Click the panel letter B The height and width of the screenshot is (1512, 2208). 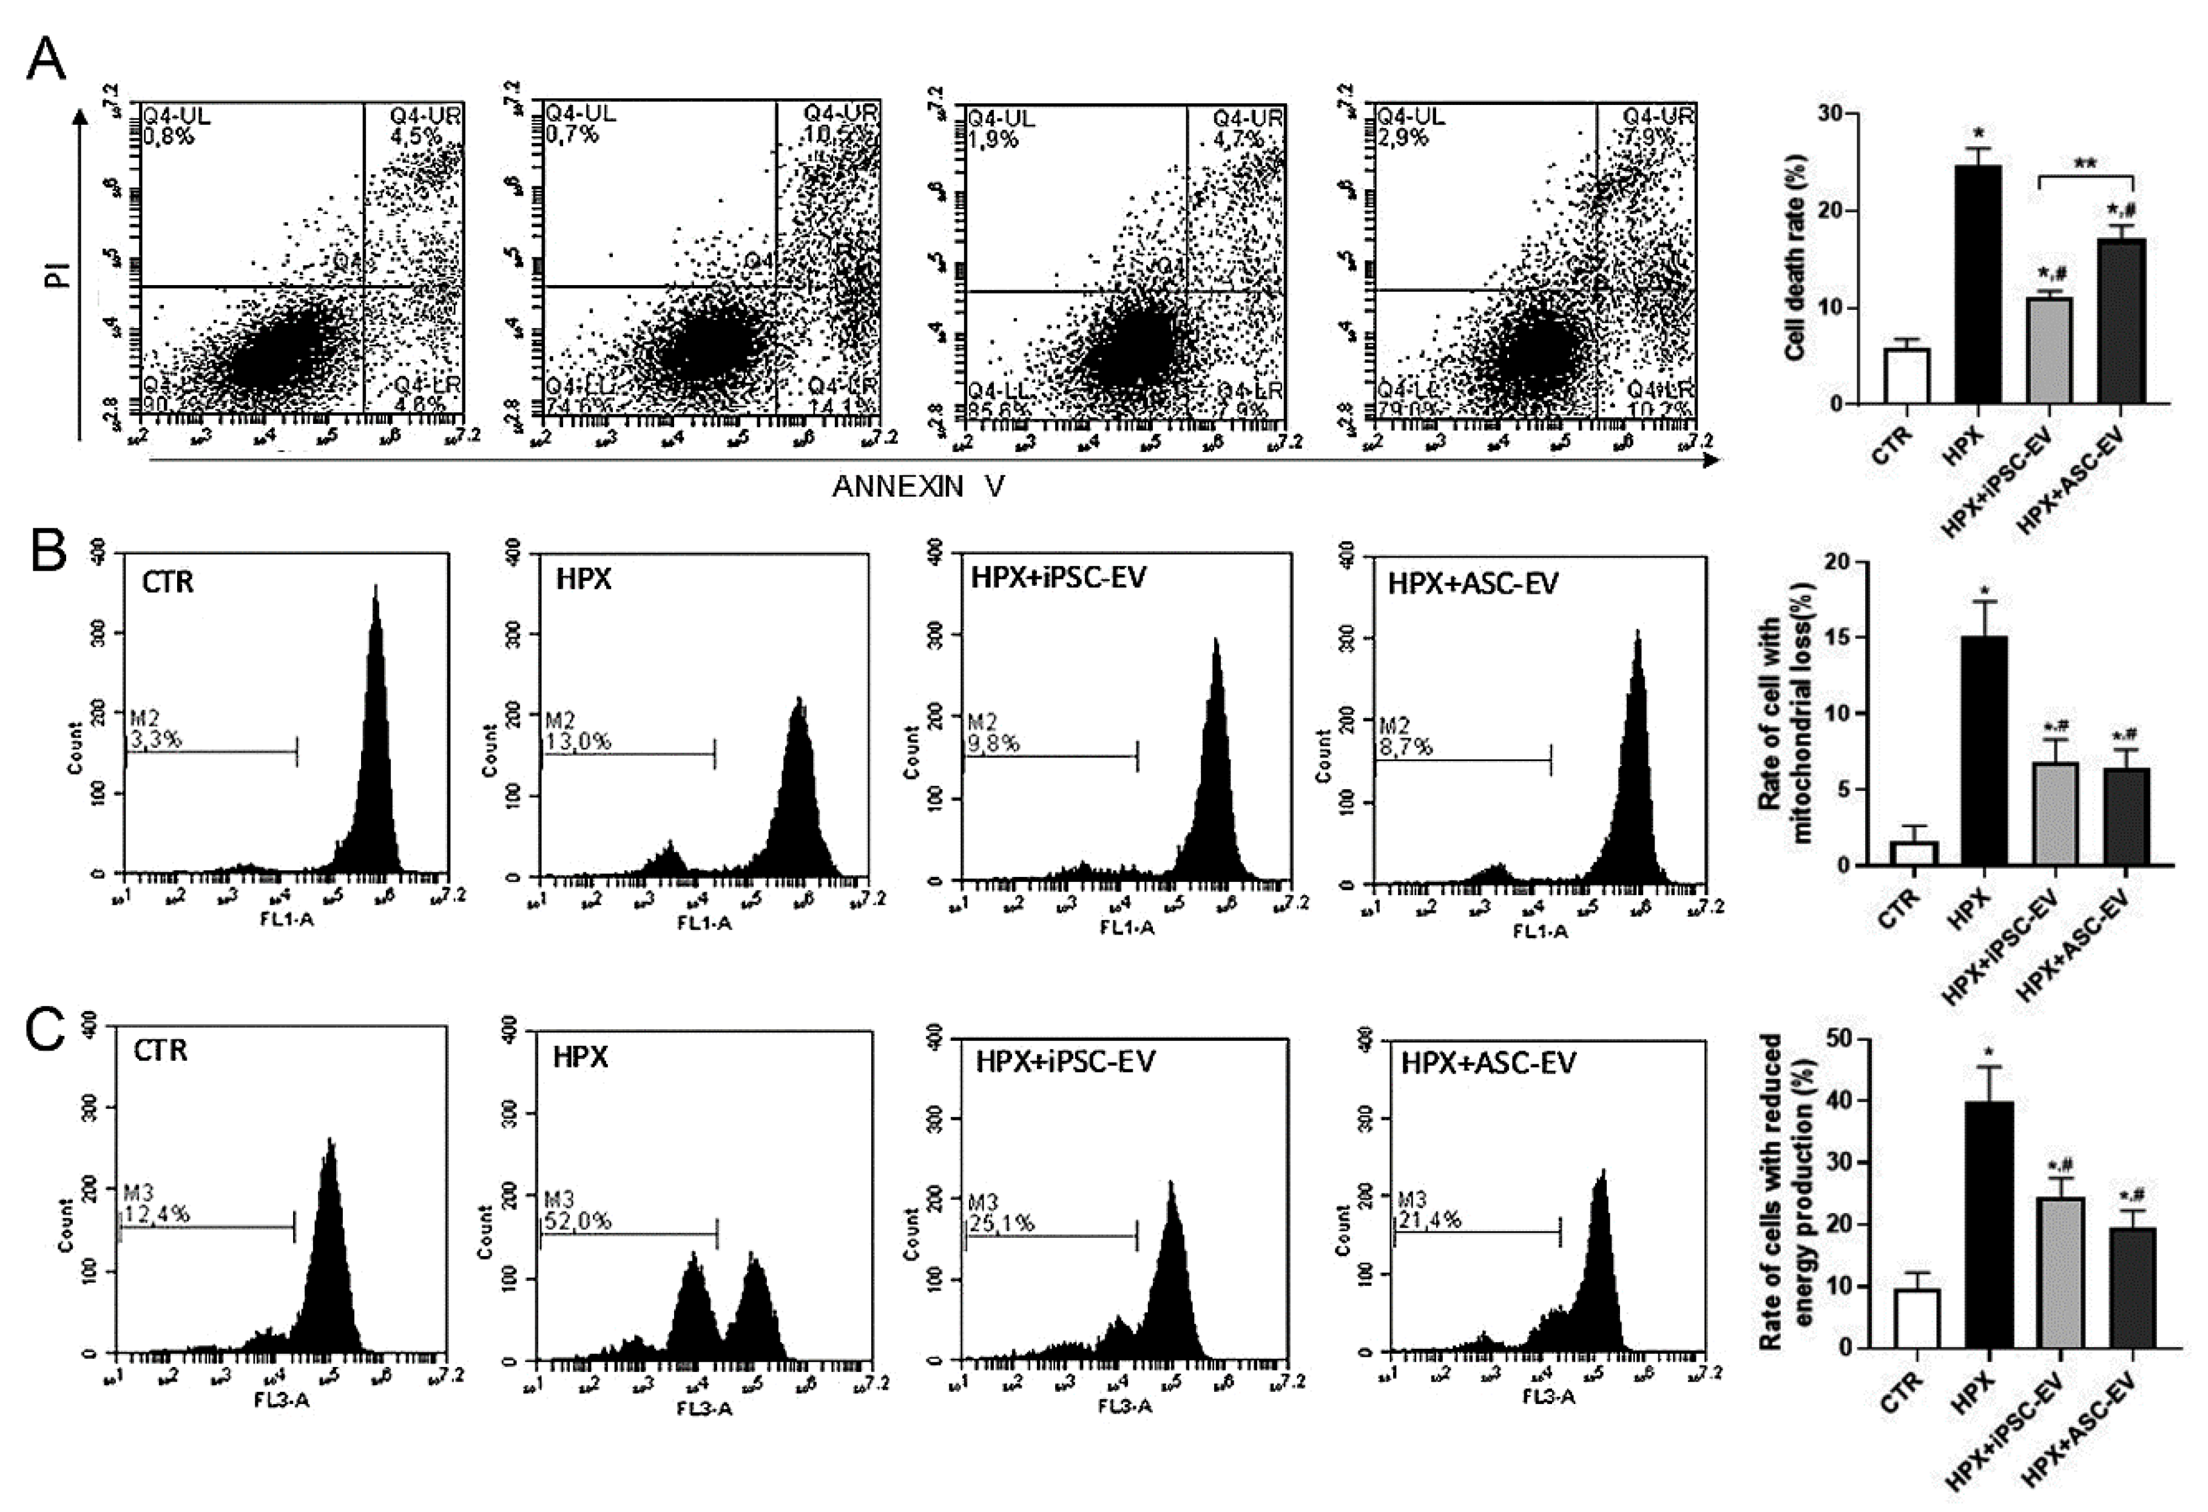(x=47, y=551)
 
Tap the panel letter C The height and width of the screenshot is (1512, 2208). (x=45, y=1030)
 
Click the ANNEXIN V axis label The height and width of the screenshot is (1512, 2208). (x=918, y=487)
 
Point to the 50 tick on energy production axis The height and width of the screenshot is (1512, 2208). (x=1838, y=1039)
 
